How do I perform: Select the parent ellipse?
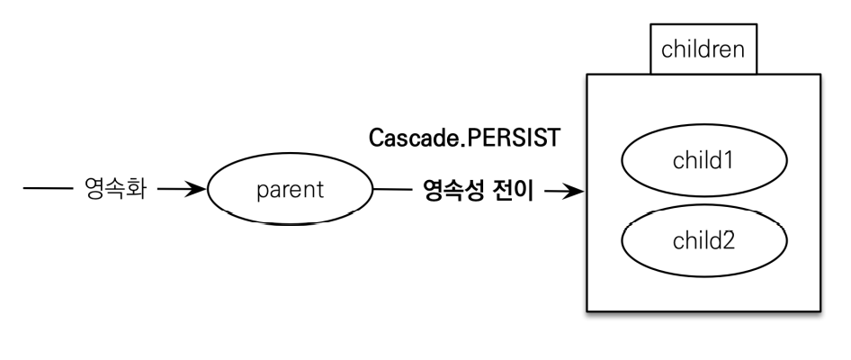289,192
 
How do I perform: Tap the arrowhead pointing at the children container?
571,192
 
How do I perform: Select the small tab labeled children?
703,50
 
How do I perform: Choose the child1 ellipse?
703,162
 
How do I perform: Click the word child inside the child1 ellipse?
697,162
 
